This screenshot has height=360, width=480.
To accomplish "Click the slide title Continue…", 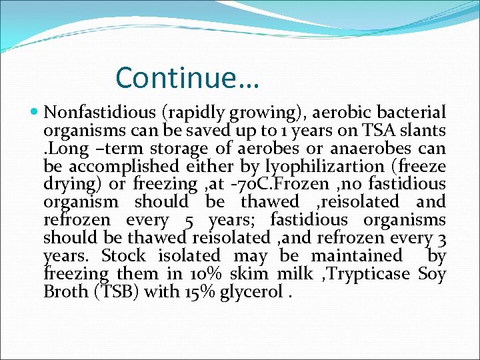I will point(187,77).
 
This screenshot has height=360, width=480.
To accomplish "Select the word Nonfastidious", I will point(88,111).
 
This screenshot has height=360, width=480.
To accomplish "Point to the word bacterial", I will point(414,111).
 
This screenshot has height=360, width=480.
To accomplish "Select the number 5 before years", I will point(189,219).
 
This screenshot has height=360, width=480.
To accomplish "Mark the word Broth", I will point(64,291).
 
